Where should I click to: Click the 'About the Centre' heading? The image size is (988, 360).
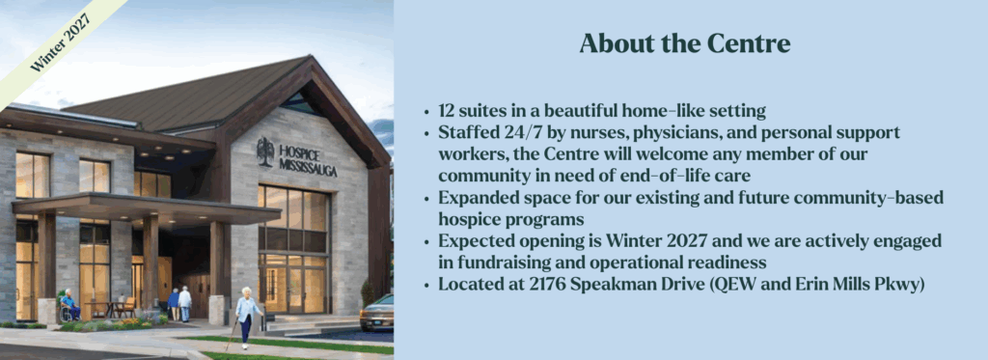coord(684,44)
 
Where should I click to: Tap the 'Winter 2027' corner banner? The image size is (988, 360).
coord(60,42)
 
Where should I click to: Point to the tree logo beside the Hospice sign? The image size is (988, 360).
coord(265,152)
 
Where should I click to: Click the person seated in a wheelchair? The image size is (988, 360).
coord(69,305)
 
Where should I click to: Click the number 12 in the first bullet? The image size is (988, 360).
coord(448,112)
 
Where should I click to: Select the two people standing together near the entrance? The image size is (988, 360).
coord(179,304)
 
